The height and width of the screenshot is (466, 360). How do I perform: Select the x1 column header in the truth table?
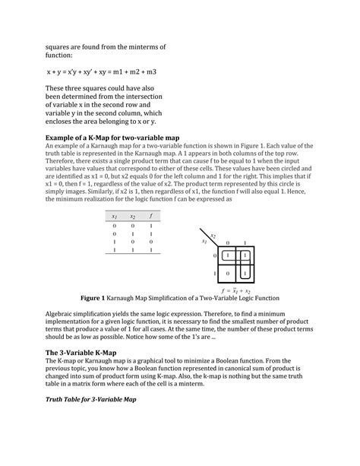(115, 217)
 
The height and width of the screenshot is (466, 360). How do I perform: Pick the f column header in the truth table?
(152, 217)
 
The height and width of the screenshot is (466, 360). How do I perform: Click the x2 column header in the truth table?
(134, 217)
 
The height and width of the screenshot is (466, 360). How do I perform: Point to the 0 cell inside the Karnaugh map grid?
(227, 272)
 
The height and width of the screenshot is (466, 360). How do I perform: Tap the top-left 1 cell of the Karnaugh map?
(227, 254)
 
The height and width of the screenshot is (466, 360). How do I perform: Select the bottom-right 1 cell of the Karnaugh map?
(245, 272)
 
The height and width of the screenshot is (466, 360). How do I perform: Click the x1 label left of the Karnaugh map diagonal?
(204, 242)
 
